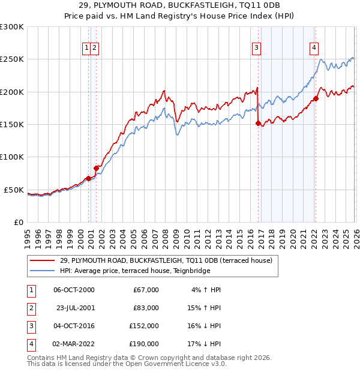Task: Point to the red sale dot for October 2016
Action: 258,124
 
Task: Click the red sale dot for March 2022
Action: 316,99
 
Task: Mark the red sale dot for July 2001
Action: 96,168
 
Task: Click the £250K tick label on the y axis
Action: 12,59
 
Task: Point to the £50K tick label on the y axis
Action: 14,190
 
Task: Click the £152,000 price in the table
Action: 143,326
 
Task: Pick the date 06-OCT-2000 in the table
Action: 74,290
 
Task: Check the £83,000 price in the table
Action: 146,308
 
